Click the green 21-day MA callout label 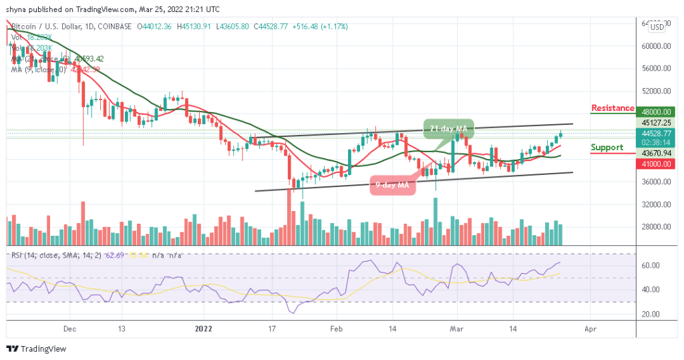click(x=448, y=128)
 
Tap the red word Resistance click(x=613, y=108)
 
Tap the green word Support click(x=607, y=148)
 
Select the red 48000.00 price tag click(x=657, y=112)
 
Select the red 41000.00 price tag click(x=657, y=163)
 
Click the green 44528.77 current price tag click(x=657, y=133)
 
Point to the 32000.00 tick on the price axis click(x=657, y=204)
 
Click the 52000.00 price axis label click(x=657, y=91)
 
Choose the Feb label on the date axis click(x=337, y=329)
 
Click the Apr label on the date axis click(x=589, y=329)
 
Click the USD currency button click(x=657, y=27)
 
